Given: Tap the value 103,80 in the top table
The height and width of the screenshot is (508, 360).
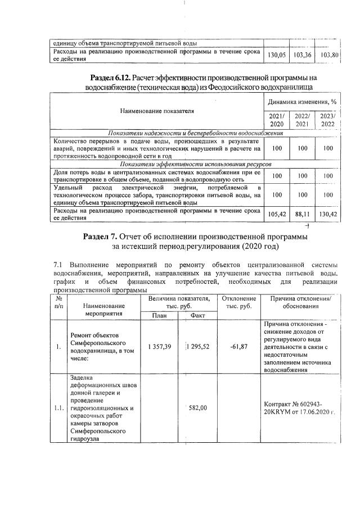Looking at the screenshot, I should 329,55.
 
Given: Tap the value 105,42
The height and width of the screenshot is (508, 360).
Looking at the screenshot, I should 277,214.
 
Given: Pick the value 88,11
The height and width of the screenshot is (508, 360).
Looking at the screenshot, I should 303,214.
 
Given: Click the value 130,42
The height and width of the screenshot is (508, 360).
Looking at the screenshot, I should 329,214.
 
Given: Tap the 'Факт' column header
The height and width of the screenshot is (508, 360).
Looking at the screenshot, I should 197,315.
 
